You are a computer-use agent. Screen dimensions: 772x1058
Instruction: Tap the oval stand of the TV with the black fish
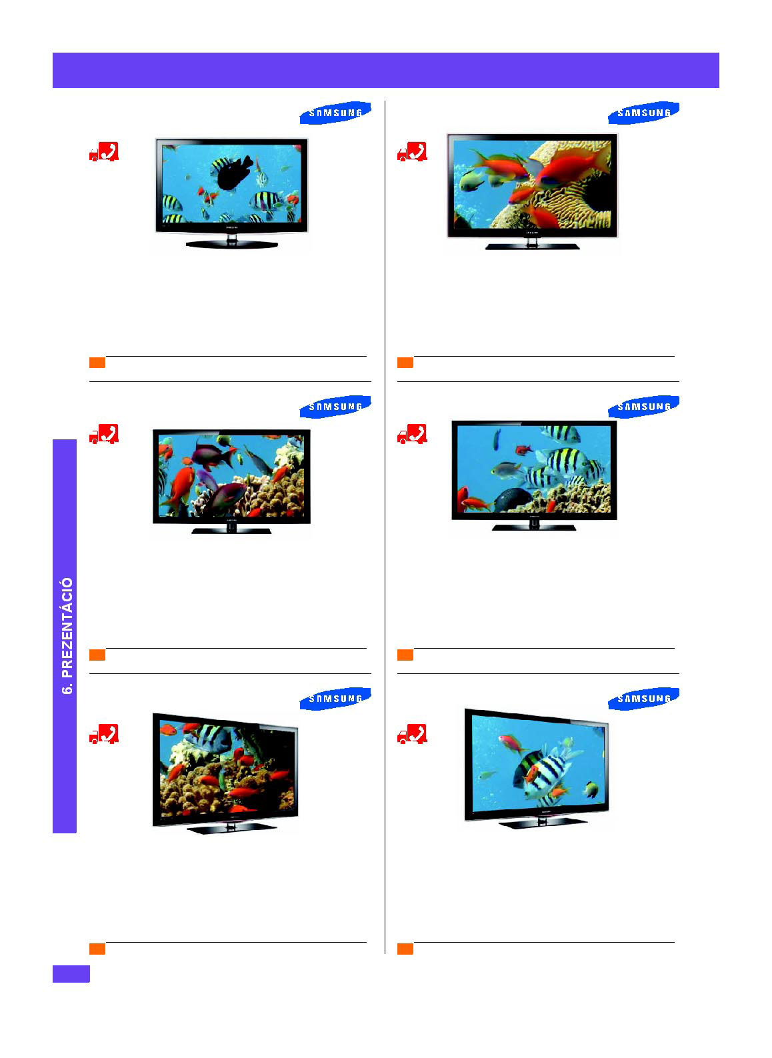pyautogui.click(x=231, y=244)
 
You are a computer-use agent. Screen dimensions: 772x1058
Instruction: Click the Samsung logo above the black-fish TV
pyautogui.click(x=335, y=113)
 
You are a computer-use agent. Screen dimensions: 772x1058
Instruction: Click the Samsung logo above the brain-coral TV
pyautogui.click(x=643, y=113)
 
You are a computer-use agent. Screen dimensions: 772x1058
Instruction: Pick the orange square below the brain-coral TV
pyautogui.click(x=405, y=362)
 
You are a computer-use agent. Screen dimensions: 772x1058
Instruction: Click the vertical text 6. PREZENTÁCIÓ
pyautogui.click(x=67, y=635)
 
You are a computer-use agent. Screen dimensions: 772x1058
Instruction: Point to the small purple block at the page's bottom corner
pyautogui.click(x=71, y=974)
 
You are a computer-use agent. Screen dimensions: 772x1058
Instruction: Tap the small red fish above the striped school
pyautogui.click(x=524, y=449)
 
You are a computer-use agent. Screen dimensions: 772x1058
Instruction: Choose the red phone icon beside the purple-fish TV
pyautogui.click(x=109, y=433)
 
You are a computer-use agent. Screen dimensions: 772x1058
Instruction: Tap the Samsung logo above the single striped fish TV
pyautogui.click(x=643, y=698)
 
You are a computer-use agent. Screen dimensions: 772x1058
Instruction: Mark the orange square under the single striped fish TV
pyautogui.click(x=405, y=949)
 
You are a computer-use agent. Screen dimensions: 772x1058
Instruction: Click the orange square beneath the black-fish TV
pyautogui.click(x=97, y=362)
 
